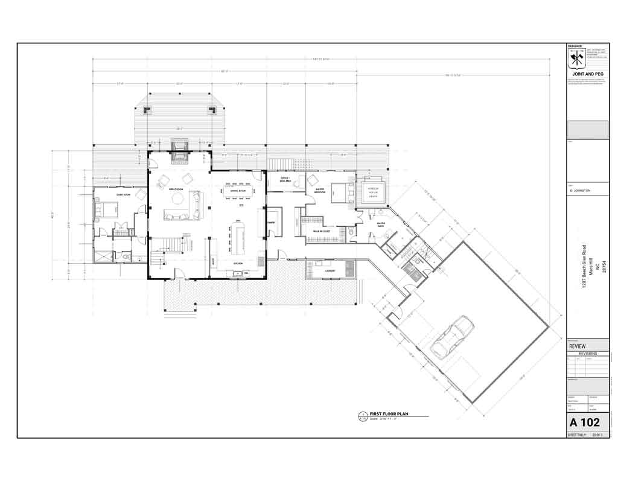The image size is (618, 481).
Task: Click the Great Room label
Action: coord(176,190)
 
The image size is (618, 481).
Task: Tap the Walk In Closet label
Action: coord(321,231)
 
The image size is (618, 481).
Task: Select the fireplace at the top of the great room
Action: coord(179,153)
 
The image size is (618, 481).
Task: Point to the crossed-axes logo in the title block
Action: coord(576,60)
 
